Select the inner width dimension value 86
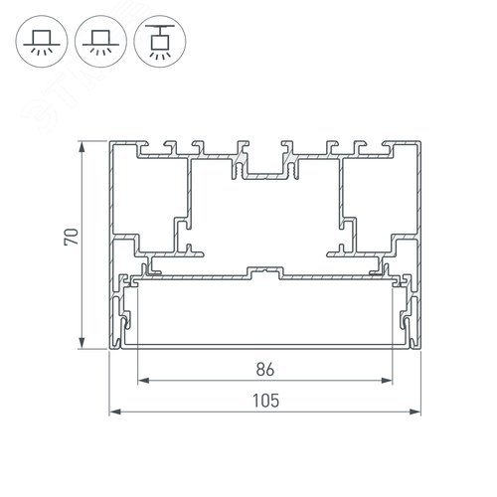coord(263,367)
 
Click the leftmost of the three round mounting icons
coord(41,40)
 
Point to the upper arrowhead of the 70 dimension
coord(82,147)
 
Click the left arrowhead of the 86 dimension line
coord(141,380)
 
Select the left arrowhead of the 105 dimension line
coord(113,411)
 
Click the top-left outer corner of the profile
coord(109,142)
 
